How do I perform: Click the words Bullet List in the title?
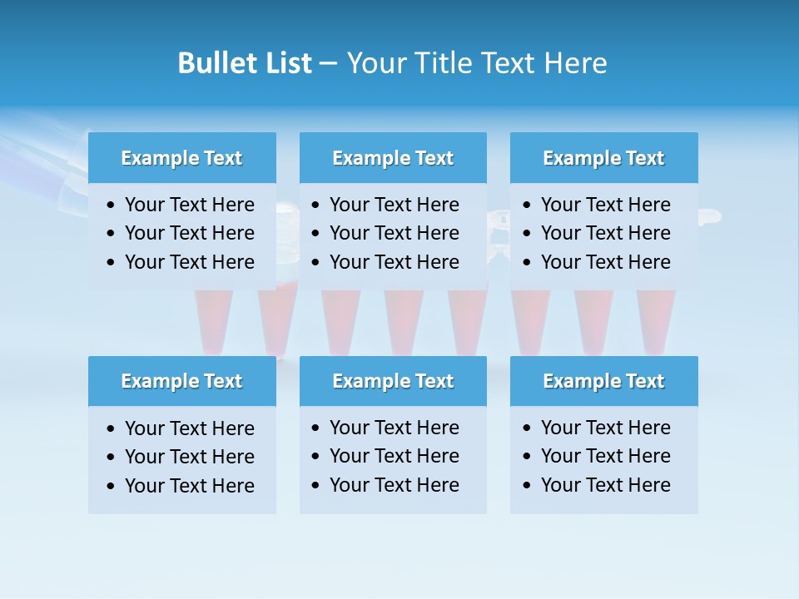tap(245, 63)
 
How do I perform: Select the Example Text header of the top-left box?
tap(181, 158)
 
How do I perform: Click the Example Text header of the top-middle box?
tap(393, 158)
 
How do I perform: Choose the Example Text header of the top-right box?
tap(603, 158)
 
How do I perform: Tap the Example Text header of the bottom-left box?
tap(181, 381)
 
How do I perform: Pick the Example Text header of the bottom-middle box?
tap(393, 381)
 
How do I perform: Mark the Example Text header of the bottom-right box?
tap(603, 381)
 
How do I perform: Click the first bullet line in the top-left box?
tap(189, 205)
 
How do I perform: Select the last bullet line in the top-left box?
tap(189, 262)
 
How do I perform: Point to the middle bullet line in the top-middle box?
tap(394, 233)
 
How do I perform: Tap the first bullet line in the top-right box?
tap(605, 205)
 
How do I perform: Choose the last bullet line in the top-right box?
tap(605, 262)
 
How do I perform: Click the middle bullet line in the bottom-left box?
tap(189, 457)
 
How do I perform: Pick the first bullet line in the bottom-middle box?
tap(394, 428)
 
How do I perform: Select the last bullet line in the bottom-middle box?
tap(394, 485)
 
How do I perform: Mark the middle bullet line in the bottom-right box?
tap(605, 456)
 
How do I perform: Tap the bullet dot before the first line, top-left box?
tap(112, 205)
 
